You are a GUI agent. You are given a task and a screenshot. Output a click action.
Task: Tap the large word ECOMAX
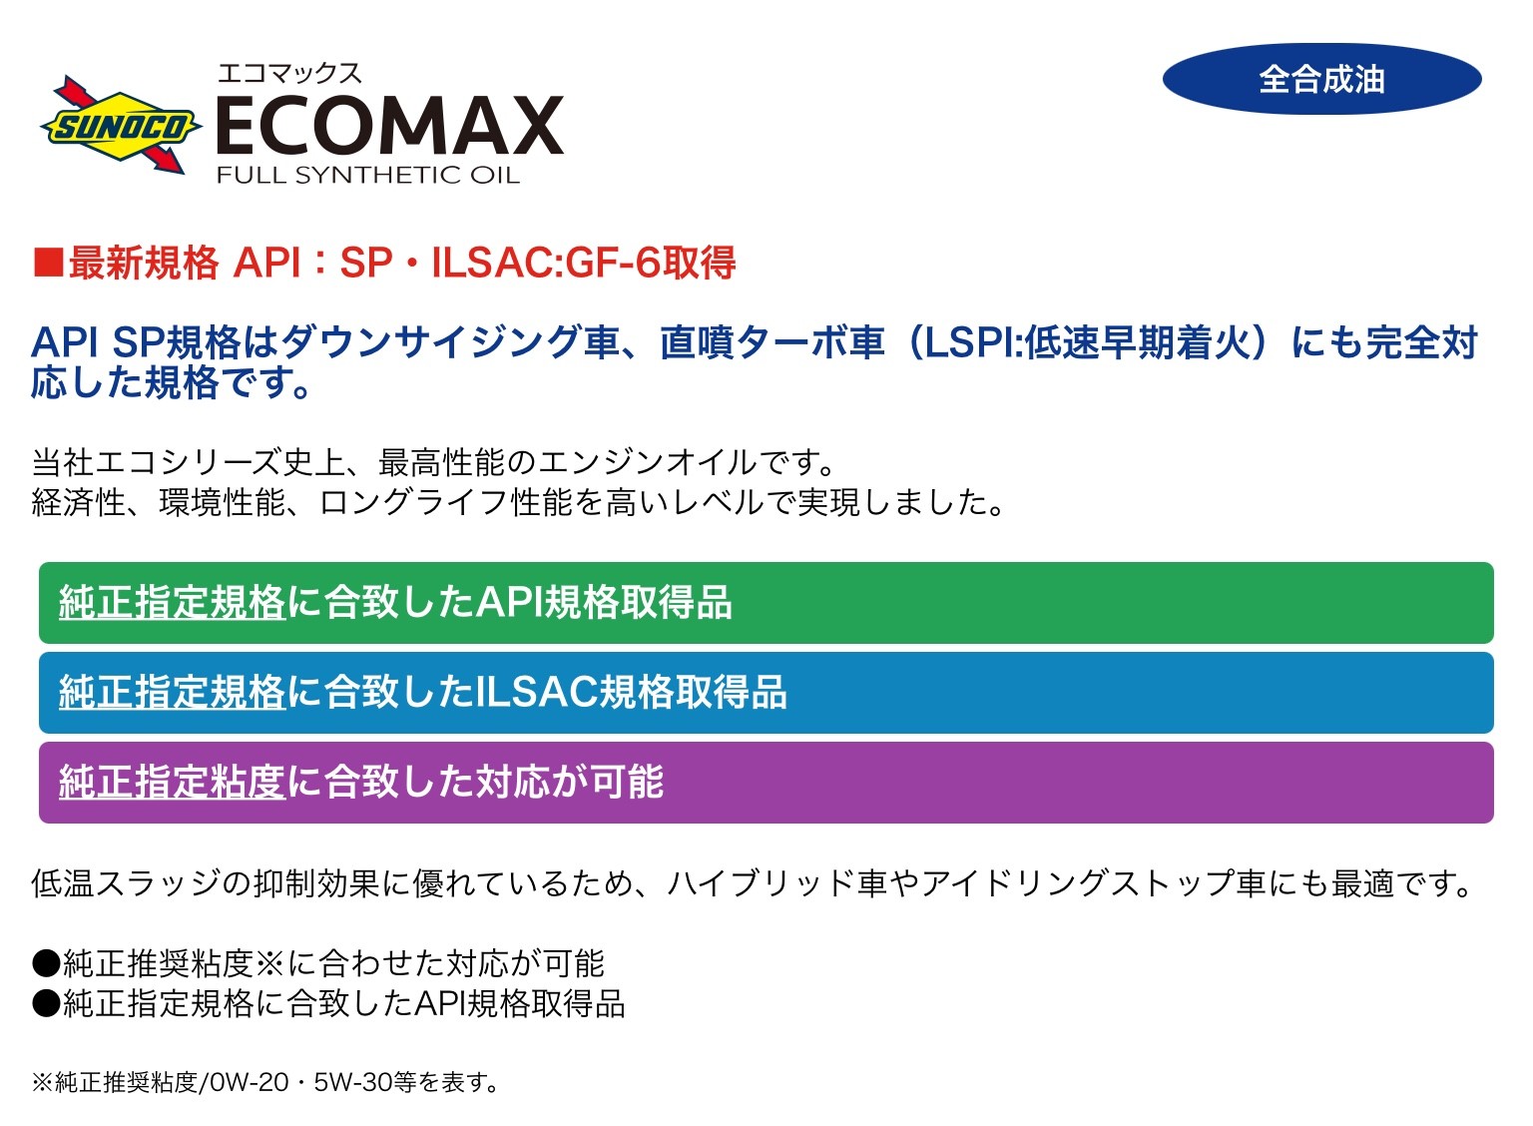pyautogui.click(x=390, y=126)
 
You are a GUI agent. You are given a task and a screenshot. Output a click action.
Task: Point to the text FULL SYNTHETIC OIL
pyautogui.click(x=368, y=176)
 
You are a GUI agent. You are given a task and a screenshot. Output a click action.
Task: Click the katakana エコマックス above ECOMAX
pyautogui.click(x=289, y=73)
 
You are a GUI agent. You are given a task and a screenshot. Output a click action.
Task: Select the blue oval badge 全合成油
pyautogui.click(x=1321, y=79)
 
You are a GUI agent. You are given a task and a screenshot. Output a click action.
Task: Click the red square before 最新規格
pyautogui.click(x=48, y=263)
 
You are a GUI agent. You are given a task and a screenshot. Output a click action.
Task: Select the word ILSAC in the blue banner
pyautogui.click(x=537, y=692)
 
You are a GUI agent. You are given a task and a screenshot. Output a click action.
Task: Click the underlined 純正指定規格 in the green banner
pyautogui.click(x=172, y=602)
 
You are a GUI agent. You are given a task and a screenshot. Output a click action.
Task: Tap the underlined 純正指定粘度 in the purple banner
pyautogui.click(x=172, y=782)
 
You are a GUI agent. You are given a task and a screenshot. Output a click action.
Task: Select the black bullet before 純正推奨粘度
pyautogui.click(x=47, y=963)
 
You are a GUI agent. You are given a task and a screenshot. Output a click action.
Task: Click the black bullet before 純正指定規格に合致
pyautogui.click(x=47, y=1004)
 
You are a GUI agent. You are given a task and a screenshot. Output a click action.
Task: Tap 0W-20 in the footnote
pyautogui.click(x=250, y=1082)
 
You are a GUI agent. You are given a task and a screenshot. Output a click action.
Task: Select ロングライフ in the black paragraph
pyautogui.click(x=414, y=502)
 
